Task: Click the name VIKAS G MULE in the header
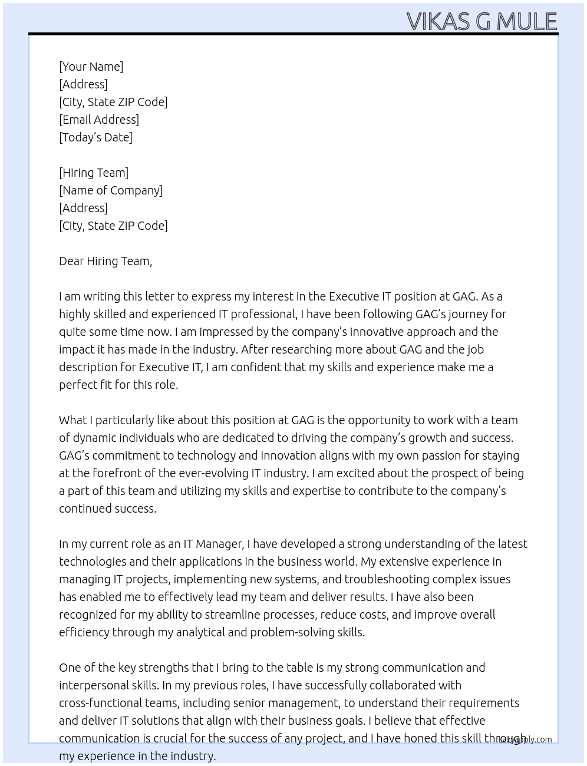pyautogui.click(x=482, y=21)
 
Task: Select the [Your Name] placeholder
pyautogui.click(x=91, y=67)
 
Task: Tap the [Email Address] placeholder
pyautogui.click(x=99, y=120)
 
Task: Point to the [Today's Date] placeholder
pyautogui.click(x=95, y=137)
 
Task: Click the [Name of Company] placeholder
pyautogui.click(x=111, y=190)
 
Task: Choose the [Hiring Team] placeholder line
pyautogui.click(x=94, y=173)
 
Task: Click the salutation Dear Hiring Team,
pyautogui.click(x=105, y=261)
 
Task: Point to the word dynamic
pyautogui.click(x=94, y=438)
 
